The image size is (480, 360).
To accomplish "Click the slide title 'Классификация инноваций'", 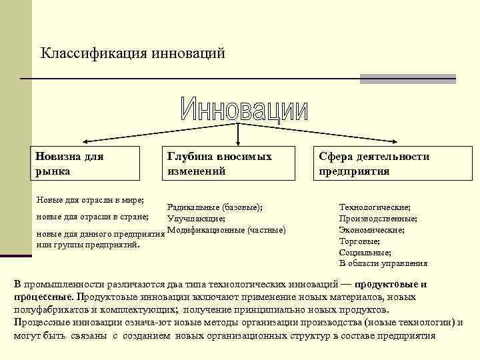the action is click(x=133, y=52).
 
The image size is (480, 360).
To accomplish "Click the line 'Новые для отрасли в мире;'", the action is click(x=90, y=199).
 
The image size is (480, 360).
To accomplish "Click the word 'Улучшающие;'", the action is click(x=196, y=219).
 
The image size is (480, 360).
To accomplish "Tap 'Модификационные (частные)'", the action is click(x=227, y=230).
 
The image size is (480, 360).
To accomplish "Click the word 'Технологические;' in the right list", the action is click(x=375, y=207).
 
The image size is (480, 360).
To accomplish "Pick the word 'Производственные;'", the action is click(x=378, y=219).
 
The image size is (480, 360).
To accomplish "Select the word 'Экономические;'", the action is click(x=371, y=230).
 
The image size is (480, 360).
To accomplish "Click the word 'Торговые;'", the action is click(x=359, y=241).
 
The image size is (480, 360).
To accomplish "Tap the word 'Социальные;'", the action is click(x=365, y=253).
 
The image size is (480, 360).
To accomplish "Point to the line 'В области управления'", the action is click(x=383, y=264).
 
